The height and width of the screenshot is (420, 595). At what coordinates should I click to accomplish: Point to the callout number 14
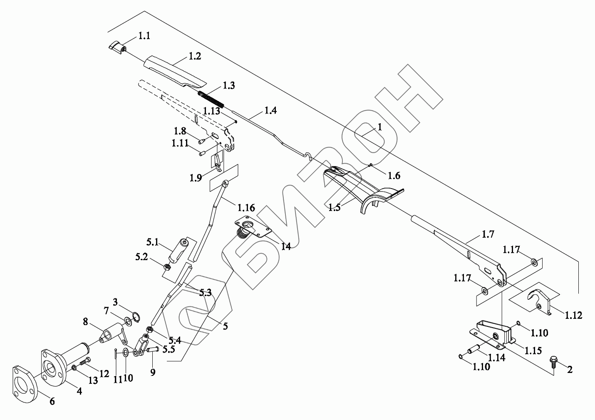pyautogui.click(x=285, y=246)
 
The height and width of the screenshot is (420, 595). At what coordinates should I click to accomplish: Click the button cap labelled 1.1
pyautogui.click(x=116, y=46)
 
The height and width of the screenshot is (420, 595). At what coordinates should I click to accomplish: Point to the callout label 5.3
pyautogui.click(x=205, y=292)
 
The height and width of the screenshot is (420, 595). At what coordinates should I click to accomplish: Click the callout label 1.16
pyautogui.click(x=246, y=207)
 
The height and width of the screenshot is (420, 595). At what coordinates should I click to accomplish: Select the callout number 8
pyautogui.click(x=85, y=321)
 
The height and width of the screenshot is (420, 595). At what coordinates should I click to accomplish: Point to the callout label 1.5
pyautogui.click(x=334, y=207)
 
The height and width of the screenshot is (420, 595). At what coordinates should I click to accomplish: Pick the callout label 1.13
pyautogui.click(x=211, y=111)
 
